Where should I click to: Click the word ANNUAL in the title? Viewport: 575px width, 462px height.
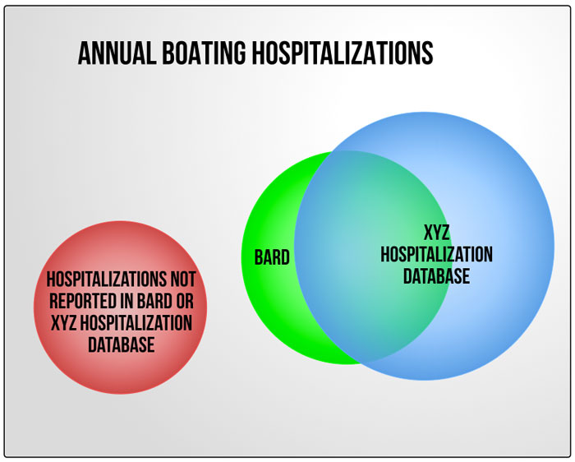pyautogui.click(x=117, y=53)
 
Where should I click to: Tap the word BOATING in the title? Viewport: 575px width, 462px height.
pyautogui.click(x=204, y=53)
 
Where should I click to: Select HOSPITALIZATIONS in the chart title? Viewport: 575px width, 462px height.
pyautogui.click(x=343, y=53)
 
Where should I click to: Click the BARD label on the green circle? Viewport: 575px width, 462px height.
pyautogui.click(x=272, y=257)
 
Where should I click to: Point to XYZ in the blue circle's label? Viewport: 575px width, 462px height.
pyautogui.click(x=436, y=233)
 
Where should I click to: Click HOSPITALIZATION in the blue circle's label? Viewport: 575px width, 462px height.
pyautogui.click(x=436, y=254)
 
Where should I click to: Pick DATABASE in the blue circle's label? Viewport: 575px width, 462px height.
pyautogui.click(x=436, y=276)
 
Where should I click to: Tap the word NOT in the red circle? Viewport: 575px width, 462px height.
pyautogui.click(x=183, y=280)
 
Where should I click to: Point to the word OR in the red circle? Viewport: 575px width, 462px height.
pyautogui.click(x=185, y=301)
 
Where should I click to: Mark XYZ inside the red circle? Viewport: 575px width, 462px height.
pyautogui.click(x=63, y=323)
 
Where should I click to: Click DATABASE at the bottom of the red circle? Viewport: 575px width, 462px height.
pyautogui.click(x=122, y=345)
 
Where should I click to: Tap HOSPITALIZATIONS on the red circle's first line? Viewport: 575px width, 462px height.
pyautogui.click(x=106, y=280)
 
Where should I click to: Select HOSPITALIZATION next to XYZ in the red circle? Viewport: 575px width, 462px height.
pyautogui.click(x=136, y=323)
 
